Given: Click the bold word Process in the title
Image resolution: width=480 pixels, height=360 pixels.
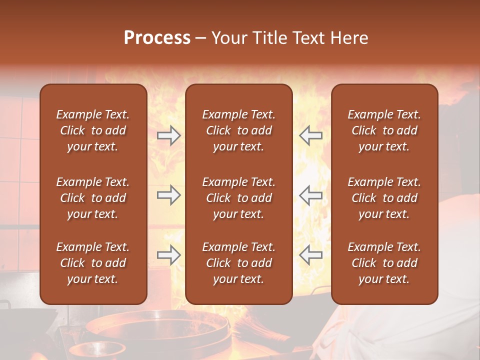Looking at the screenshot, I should point(157,38).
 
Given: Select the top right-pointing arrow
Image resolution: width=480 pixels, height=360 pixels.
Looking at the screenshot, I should point(168,135).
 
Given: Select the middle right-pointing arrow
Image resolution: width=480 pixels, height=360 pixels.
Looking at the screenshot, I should point(168,195).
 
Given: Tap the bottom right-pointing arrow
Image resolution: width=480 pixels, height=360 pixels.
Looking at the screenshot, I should point(168,255).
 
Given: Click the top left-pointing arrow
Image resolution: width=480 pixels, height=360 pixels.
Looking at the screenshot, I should point(310,135).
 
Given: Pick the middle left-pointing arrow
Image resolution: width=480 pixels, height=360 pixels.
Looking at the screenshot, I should point(310,195).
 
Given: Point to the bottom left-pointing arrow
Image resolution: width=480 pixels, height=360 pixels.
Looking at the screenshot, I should point(310,255).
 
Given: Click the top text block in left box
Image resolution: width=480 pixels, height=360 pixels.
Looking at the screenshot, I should point(93,130).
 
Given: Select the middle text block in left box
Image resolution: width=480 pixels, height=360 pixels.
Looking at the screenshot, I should point(93,198).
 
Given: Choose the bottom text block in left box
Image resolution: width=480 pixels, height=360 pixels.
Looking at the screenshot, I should point(93,263).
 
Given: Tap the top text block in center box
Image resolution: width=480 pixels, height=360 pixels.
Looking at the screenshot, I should point(238,130).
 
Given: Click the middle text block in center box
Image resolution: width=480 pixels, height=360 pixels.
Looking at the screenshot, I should point(238,198).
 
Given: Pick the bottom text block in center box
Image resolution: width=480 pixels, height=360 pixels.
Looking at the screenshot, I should point(238,263).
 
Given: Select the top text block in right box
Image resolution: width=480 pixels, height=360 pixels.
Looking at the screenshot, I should point(384,130).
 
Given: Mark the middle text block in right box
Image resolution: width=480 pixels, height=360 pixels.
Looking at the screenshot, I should point(384,198).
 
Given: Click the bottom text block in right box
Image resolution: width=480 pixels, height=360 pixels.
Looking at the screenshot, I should point(384,263).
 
